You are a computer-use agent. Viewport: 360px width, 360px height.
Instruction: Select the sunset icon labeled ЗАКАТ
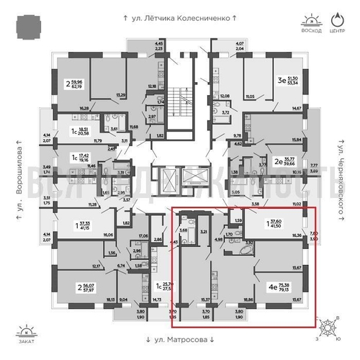click(26, 333)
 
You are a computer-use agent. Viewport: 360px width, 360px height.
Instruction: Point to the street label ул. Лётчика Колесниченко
click(179, 15)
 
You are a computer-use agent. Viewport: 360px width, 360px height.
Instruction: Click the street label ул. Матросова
click(179, 339)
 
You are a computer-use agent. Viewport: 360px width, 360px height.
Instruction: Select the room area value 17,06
click(143, 235)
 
